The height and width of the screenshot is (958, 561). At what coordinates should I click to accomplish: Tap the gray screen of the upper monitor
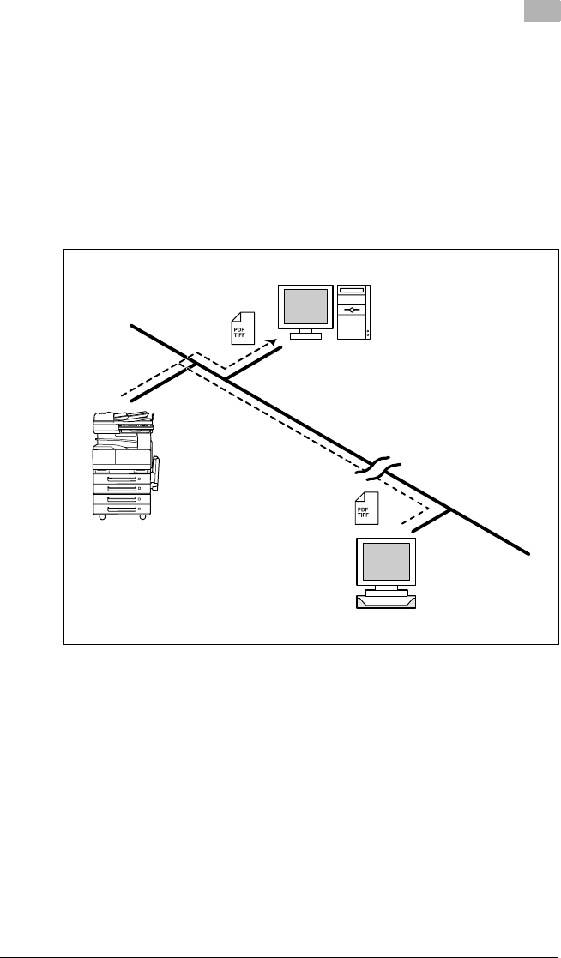click(x=306, y=305)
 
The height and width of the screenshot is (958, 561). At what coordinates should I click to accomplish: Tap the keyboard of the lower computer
click(x=386, y=601)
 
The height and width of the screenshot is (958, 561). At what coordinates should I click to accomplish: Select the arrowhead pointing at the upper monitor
click(x=273, y=342)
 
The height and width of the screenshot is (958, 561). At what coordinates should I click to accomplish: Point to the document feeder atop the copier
click(x=125, y=419)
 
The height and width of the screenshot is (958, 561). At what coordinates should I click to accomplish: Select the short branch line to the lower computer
click(x=431, y=521)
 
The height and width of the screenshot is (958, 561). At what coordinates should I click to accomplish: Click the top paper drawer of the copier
click(x=122, y=478)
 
